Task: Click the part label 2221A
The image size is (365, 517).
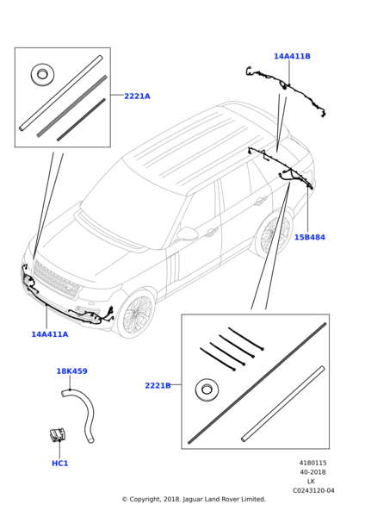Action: (137, 97)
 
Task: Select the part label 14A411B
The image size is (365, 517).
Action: (292, 57)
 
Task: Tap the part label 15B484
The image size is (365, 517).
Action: (309, 238)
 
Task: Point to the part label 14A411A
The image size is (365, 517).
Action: (49, 334)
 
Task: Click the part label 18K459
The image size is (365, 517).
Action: (71, 371)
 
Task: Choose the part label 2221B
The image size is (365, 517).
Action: (158, 386)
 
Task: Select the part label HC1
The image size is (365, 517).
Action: (59, 464)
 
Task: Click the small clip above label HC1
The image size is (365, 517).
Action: (58, 435)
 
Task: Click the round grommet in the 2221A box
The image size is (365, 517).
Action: (42, 75)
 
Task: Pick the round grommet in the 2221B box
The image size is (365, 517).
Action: (207, 389)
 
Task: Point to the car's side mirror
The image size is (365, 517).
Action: (187, 234)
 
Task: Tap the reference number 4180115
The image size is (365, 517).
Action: (312, 464)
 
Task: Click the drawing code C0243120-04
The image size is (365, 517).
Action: (312, 491)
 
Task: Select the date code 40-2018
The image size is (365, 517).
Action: (312, 472)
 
